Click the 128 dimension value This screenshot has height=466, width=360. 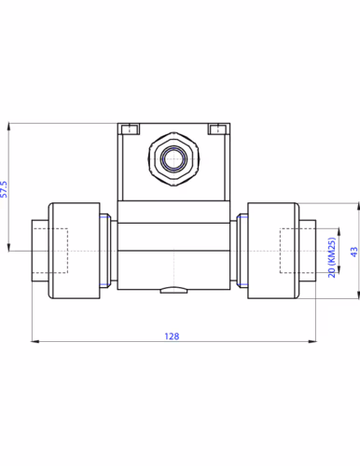172,336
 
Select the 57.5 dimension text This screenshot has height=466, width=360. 4,189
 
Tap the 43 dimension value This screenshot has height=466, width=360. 354,252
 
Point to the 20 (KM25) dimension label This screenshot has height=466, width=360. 332,257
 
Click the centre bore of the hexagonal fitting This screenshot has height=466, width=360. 173,159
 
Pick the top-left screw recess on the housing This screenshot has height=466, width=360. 131,129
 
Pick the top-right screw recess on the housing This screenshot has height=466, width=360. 216,129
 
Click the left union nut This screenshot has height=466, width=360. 74,251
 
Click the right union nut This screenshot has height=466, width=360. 273,251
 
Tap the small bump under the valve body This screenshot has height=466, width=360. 173,290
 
